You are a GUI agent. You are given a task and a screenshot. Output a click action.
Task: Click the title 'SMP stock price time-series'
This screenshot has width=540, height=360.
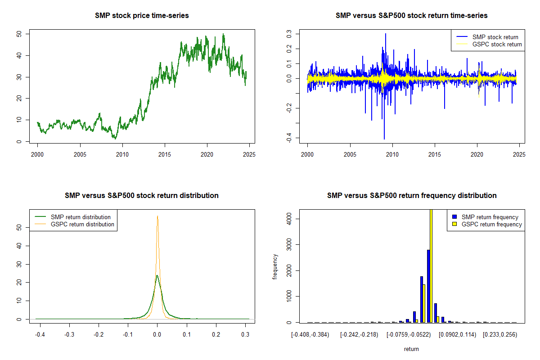142,15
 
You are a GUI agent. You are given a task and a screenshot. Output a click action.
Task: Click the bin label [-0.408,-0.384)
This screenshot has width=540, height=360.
312,335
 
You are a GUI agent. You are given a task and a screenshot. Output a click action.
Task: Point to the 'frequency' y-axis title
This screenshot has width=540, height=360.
275,266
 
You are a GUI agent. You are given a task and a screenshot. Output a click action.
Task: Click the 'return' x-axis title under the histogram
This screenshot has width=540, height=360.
411,349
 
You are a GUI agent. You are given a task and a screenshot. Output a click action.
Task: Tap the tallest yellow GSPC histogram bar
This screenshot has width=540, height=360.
431,265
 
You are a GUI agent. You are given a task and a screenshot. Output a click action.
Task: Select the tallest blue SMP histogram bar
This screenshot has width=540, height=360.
428,286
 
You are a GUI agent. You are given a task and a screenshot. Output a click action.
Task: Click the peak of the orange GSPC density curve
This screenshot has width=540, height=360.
157,216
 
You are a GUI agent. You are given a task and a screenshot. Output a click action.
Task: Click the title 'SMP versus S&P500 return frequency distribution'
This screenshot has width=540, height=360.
412,195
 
